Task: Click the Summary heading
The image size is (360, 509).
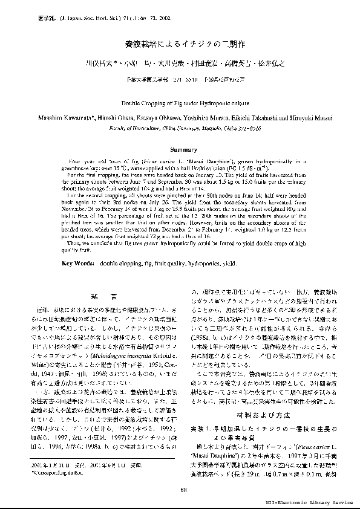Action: (180, 149)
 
